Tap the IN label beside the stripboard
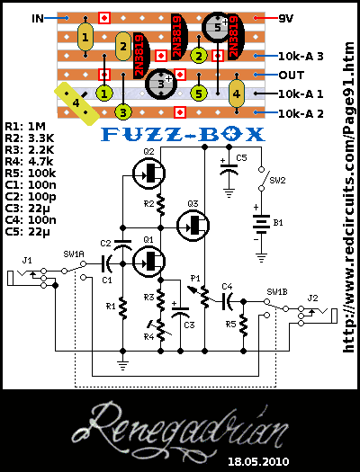pos(38,17)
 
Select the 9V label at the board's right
pos(285,17)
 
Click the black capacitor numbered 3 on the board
pos(160,85)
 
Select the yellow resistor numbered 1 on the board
pos(85,38)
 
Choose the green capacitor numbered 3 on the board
pos(124,111)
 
